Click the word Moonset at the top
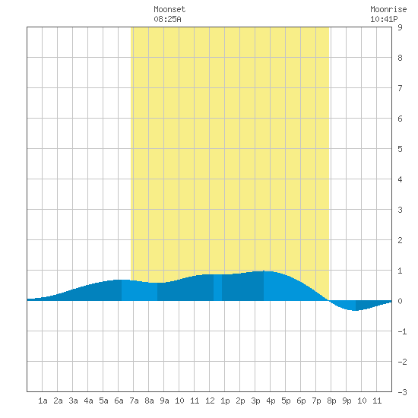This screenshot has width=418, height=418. (169, 9)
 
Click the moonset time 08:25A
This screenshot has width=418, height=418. (167, 19)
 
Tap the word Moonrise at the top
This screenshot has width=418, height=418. (388, 9)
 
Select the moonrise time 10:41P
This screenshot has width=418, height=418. (384, 19)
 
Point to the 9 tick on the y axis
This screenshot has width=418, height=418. (400, 27)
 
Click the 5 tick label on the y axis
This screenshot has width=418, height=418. (400, 149)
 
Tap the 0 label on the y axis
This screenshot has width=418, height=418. (400, 301)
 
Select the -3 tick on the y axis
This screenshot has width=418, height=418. (402, 392)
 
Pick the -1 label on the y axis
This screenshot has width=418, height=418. (402, 331)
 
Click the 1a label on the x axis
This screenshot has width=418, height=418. (43, 401)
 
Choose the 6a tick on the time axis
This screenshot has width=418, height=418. (119, 401)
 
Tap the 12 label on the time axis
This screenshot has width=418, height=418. (210, 401)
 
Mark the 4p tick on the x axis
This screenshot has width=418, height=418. (271, 401)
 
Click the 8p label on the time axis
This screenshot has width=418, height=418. (331, 401)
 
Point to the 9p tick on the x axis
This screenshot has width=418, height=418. (347, 401)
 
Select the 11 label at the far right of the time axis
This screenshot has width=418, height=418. (377, 401)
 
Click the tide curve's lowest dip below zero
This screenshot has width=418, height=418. (355, 310)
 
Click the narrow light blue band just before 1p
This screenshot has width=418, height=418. (218, 287)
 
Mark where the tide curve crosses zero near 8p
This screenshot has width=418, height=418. (330, 301)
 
